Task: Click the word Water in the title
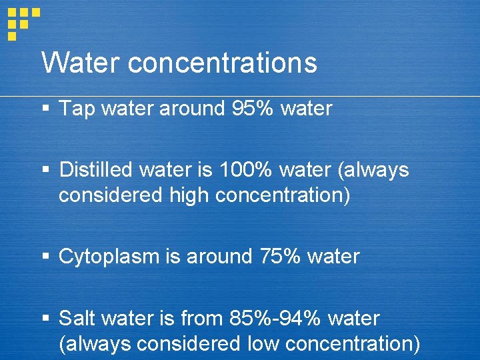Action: pos(80,63)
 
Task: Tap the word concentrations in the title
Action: pos(222,63)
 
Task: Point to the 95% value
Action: pos(252,109)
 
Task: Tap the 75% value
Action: pos(280,257)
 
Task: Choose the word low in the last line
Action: pos(264,344)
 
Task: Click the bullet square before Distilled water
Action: pos(46,170)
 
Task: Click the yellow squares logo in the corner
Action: pos(22,21)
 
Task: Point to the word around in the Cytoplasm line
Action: pos(219,257)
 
